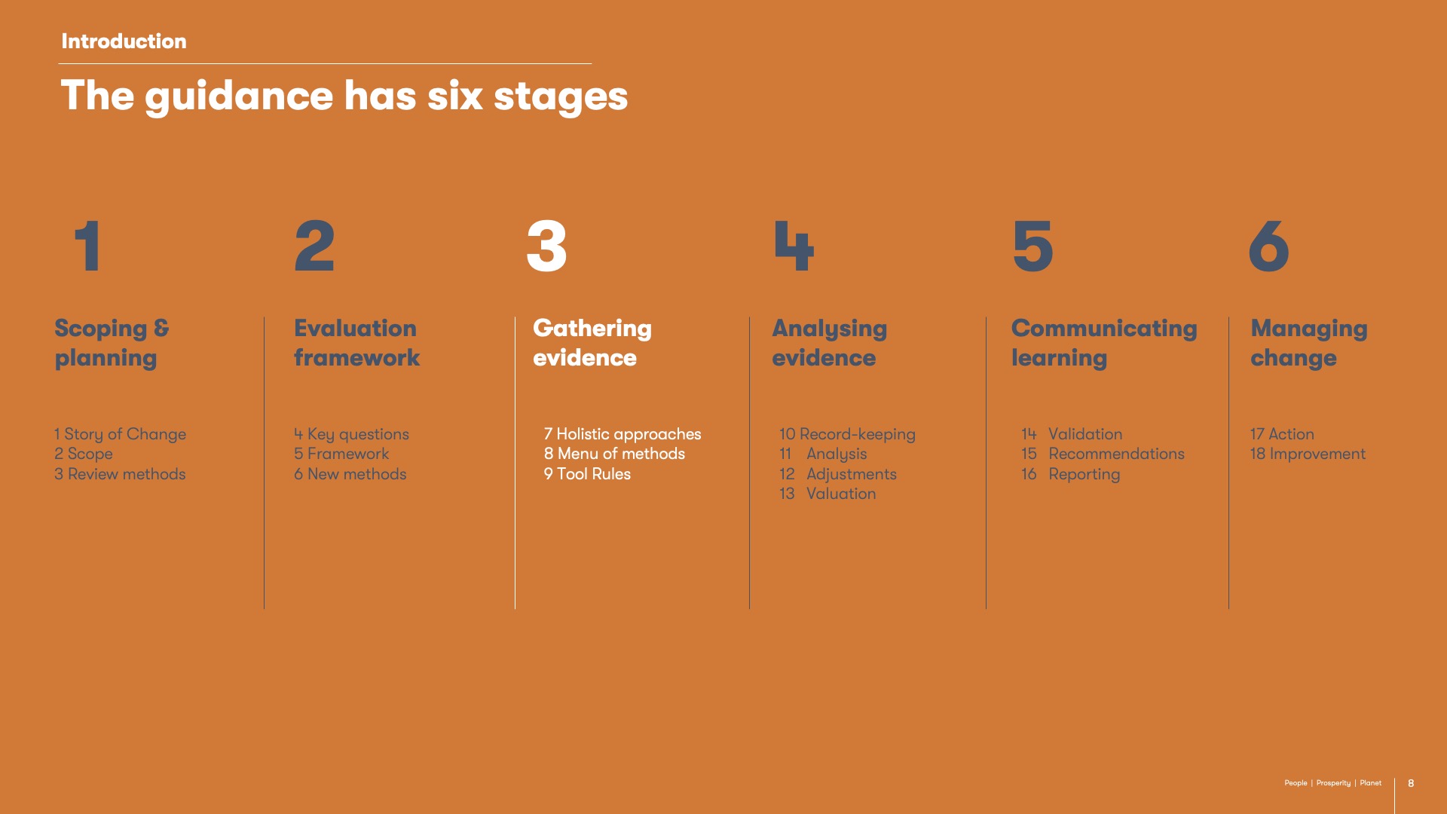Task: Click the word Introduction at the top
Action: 124,41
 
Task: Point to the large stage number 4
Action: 794,246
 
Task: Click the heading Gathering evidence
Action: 592,343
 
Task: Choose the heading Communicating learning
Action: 1104,343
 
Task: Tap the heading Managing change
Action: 1309,343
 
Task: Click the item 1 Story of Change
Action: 120,434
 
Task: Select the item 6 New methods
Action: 350,474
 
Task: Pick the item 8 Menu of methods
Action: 614,454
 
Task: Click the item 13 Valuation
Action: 828,494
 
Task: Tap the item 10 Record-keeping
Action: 847,434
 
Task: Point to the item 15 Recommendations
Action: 1103,454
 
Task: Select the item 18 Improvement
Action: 1308,454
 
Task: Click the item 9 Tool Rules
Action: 587,474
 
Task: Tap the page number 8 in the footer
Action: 1411,783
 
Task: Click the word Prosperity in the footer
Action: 1333,783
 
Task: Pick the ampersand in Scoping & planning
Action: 161,328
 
